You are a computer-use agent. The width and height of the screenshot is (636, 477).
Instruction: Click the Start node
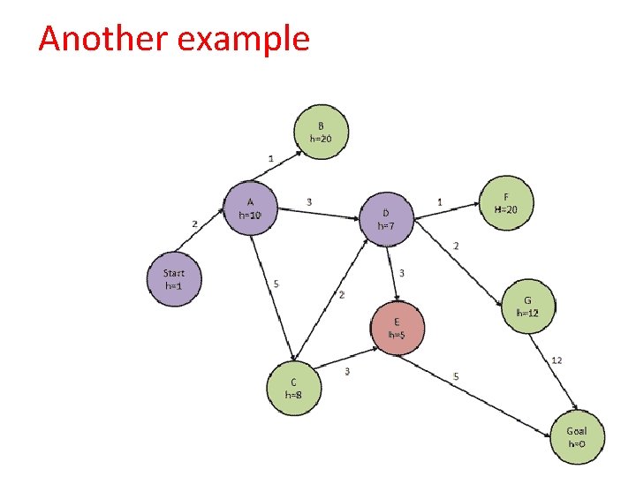(x=174, y=280)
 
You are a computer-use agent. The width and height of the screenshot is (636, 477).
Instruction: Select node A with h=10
(x=251, y=208)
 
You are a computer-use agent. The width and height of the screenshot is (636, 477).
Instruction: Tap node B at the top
(x=321, y=132)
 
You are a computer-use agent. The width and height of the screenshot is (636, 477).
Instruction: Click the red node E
(x=397, y=326)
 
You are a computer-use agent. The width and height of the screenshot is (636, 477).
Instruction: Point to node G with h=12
(x=527, y=306)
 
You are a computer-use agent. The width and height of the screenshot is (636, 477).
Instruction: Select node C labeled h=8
(x=294, y=389)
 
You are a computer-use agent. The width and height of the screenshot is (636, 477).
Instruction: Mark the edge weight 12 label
(x=556, y=360)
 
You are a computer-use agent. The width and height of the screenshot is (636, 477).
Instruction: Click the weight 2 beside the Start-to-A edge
(x=194, y=223)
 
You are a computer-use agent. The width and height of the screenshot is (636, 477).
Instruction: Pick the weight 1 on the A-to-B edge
(x=270, y=157)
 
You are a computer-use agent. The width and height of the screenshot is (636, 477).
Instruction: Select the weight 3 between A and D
(x=308, y=201)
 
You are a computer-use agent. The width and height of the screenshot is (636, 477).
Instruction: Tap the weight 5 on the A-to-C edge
(x=276, y=284)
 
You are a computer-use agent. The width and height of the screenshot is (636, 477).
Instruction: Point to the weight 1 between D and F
(x=440, y=202)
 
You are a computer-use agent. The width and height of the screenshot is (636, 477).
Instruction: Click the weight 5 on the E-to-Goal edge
(x=456, y=376)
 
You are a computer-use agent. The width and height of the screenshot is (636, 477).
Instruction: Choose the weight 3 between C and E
(x=347, y=371)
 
